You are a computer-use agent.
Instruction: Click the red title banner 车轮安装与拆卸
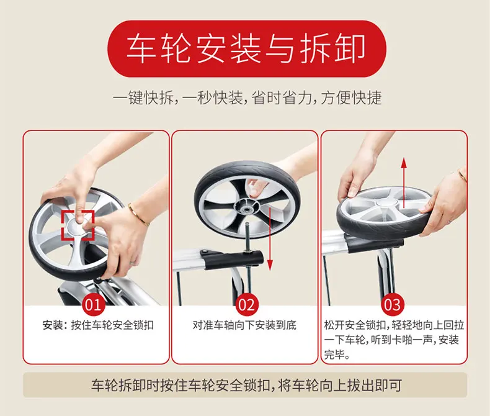(x=247, y=49)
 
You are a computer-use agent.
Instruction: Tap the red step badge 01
(x=93, y=304)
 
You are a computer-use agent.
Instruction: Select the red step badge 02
(x=247, y=305)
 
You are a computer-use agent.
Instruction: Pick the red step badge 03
(x=393, y=305)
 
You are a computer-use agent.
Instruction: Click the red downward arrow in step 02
(x=270, y=238)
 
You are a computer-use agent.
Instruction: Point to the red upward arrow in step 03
(x=404, y=183)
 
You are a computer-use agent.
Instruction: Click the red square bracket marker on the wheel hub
(x=78, y=225)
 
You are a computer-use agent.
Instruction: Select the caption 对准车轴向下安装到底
(x=244, y=325)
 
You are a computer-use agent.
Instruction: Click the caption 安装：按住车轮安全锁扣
(x=98, y=325)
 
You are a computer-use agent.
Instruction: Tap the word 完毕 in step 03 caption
(x=334, y=355)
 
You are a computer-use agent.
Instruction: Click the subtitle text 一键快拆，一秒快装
(x=177, y=98)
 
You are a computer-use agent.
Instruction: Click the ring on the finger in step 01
(x=133, y=261)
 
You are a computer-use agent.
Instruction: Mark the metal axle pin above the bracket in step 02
(x=247, y=236)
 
